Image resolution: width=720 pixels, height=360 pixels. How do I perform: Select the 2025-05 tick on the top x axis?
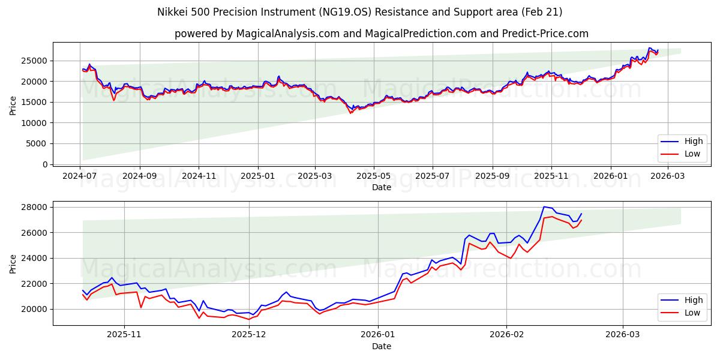point(374,176)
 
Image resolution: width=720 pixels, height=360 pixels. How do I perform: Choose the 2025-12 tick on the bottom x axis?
point(248,335)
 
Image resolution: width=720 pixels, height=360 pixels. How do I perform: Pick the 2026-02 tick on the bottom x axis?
point(506,335)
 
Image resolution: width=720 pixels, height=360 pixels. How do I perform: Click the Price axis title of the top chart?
point(13,104)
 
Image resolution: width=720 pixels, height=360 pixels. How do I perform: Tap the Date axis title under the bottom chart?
point(382,346)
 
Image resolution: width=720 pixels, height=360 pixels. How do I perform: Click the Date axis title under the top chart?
point(382,187)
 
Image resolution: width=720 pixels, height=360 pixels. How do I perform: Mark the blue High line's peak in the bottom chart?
point(544,207)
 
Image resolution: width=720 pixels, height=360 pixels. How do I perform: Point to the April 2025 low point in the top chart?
point(350,113)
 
